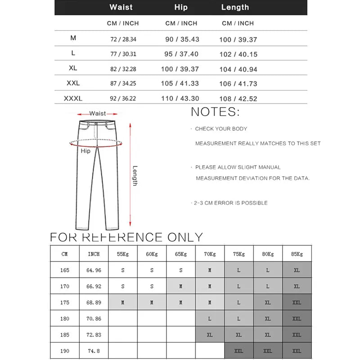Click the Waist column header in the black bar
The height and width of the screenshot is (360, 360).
pyautogui.click(x=121, y=7)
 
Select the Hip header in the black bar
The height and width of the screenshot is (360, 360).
pyautogui.click(x=181, y=7)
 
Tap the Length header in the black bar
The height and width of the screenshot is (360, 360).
pyautogui.click(x=235, y=7)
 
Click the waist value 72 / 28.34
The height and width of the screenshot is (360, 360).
pyautogui.click(x=123, y=40)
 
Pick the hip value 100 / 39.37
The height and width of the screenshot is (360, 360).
pyautogui.click(x=180, y=69)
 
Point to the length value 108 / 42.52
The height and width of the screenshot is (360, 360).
pyautogui.click(x=238, y=99)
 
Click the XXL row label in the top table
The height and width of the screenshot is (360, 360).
pyautogui.click(x=73, y=84)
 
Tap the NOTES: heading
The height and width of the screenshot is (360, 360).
pyautogui.click(x=215, y=112)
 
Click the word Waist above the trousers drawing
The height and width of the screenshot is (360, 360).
pyautogui.click(x=98, y=113)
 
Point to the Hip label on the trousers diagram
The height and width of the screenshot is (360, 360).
pyautogui.click(x=85, y=151)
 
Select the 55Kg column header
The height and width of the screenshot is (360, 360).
pyautogui.click(x=123, y=254)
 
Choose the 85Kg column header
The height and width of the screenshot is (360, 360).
pyautogui.click(x=297, y=254)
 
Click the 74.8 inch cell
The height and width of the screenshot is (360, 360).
pyautogui.click(x=94, y=351)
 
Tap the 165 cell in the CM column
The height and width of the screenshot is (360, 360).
pyautogui.click(x=65, y=270)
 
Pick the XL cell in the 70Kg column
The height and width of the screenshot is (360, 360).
pyautogui.click(x=210, y=335)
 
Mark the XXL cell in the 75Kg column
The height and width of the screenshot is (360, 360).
pyautogui.click(x=238, y=351)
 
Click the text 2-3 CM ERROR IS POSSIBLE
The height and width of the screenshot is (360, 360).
pyautogui.click(x=230, y=203)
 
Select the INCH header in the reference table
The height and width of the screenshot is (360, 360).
pyautogui.click(x=94, y=254)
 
